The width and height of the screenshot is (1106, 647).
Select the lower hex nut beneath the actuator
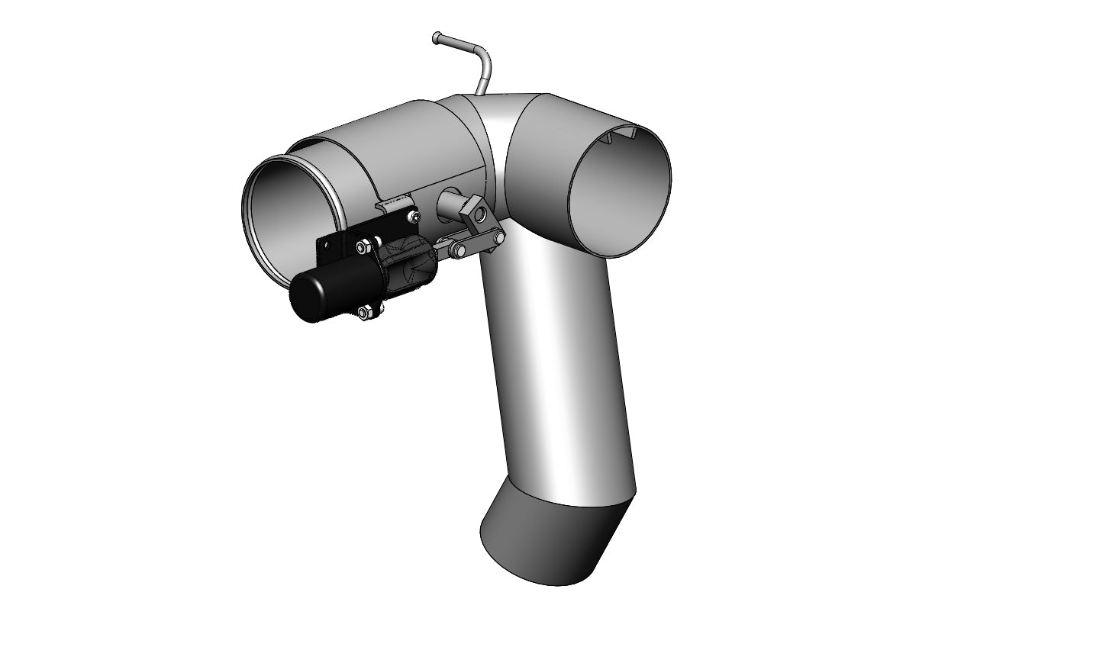364,311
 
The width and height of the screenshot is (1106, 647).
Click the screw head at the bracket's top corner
414,217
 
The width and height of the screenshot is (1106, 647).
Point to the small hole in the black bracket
327,245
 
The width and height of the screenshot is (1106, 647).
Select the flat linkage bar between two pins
476,242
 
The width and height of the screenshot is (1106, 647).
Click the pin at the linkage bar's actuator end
459,250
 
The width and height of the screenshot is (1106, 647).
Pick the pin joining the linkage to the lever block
499,238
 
